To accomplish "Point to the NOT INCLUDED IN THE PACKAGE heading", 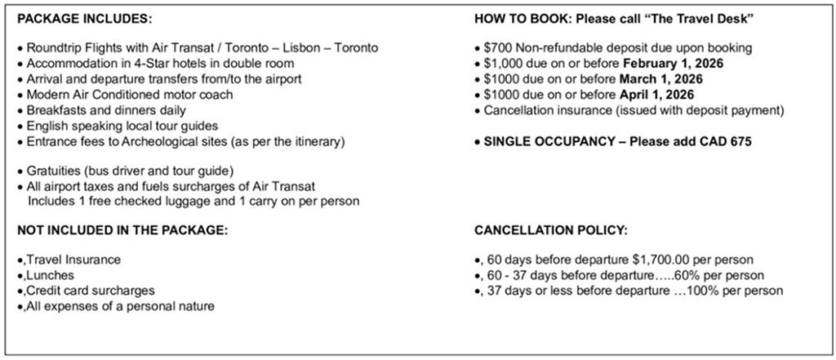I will click(122, 230).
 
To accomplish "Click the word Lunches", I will click(51, 275).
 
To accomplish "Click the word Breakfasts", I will click(58, 110).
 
